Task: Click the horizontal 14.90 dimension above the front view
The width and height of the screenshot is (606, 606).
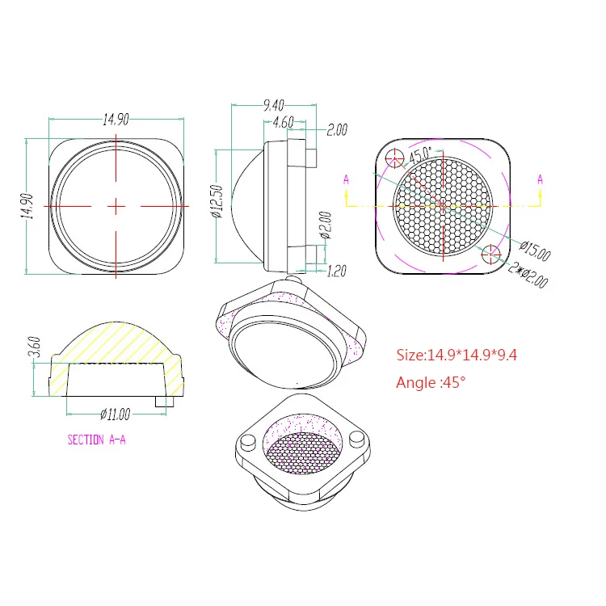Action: coord(116,120)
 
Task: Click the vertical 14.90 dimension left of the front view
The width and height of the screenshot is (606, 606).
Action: coord(27,206)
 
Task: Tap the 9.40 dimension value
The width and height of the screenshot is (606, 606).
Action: coord(274,105)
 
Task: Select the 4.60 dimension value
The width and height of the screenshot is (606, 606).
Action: coord(284,123)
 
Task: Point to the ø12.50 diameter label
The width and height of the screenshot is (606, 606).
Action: coord(217,201)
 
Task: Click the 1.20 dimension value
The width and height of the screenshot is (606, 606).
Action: coord(337,271)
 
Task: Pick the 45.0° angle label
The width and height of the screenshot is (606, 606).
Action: coord(420,154)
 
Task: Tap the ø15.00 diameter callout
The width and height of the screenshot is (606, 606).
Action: coord(535,250)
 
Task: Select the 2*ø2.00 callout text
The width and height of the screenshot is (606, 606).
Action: coord(528,275)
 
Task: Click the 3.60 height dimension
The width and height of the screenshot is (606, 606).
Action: coord(35,347)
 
